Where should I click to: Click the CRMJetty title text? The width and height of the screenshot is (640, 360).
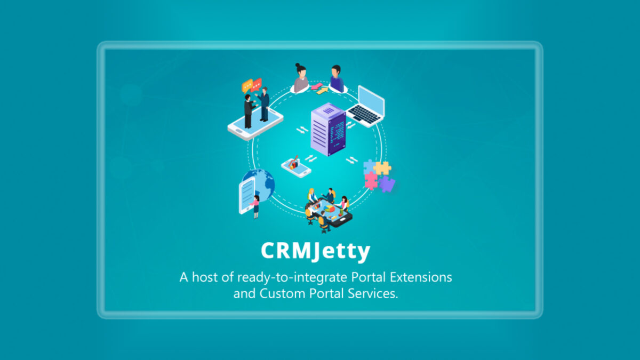[315, 251]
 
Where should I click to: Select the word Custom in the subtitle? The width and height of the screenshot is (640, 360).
[282, 293]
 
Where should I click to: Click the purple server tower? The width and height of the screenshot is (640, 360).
[329, 130]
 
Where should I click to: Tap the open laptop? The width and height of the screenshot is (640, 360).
[366, 106]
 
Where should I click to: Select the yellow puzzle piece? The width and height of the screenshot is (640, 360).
[382, 169]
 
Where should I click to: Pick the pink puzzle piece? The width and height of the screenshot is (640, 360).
[371, 181]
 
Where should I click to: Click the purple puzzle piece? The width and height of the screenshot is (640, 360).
[387, 184]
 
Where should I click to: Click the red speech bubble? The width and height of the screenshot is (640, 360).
[257, 85]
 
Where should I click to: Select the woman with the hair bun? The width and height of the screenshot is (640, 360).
[301, 78]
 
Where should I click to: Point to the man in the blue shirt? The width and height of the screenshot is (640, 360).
[337, 78]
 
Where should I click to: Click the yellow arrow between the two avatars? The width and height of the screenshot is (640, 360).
[322, 91]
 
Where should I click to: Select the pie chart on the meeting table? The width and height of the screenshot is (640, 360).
[330, 209]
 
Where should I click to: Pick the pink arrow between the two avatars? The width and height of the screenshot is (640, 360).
[317, 86]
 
